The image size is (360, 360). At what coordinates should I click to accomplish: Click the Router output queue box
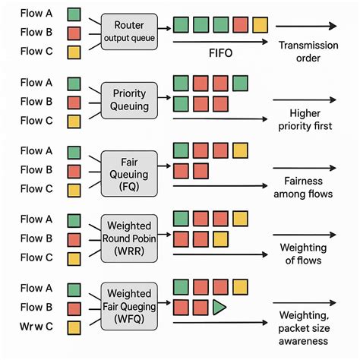pyautogui.click(x=129, y=32)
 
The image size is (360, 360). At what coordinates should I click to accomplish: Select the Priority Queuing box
pyautogui.click(x=129, y=100)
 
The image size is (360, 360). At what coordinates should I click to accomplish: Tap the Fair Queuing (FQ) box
pyautogui.click(x=129, y=169)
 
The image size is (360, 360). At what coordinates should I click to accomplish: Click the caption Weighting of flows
pyautogui.click(x=304, y=254)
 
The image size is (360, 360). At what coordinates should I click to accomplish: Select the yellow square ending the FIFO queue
pyautogui.click(x=260, y=25)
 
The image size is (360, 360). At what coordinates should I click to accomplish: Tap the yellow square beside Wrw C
pyautogui.click(x=74, y=327)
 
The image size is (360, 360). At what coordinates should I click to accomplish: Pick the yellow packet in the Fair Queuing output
pyautogui.click(x=240, y=150)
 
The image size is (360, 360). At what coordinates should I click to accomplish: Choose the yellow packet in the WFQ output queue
pyautogui.click(x=240, y=287)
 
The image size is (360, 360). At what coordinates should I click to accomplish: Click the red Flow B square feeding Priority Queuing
pyautogui.click(x=74, y=102)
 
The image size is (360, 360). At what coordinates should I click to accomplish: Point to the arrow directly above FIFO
pyautogui.click(x=220, y=42)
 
